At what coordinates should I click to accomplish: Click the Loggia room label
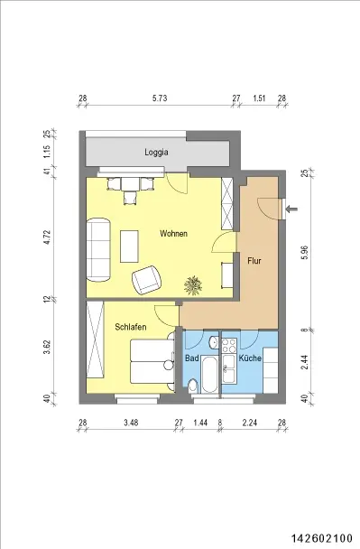(x=156, y=153)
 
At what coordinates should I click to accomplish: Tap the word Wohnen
(x=173, y=234)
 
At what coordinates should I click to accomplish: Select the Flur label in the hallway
(x=254, y=260)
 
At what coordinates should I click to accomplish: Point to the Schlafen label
(x=131, y=327)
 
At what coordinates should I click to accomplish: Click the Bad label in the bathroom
(x=192, y=358)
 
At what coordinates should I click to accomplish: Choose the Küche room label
(x=250, y=358)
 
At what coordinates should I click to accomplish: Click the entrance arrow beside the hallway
(x=291, y=209)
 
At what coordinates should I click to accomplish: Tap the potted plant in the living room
(x=193, y=284)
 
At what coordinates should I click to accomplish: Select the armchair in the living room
(x=147, y=279)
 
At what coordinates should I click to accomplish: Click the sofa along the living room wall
(x=98, y=249)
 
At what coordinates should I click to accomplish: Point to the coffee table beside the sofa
(x=129, y=247)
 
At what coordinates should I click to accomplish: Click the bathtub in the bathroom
(x=209, y=375)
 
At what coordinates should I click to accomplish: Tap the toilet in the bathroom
(x=192, y=386)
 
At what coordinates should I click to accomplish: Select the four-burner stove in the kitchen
(x=229, y=346)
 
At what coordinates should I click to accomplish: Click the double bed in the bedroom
(x=152, y=362)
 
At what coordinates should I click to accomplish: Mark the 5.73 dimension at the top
(x=160, y=98)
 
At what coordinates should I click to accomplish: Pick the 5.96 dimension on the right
(x=306, y=252)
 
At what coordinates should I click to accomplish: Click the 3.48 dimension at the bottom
(x=131, y=423)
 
